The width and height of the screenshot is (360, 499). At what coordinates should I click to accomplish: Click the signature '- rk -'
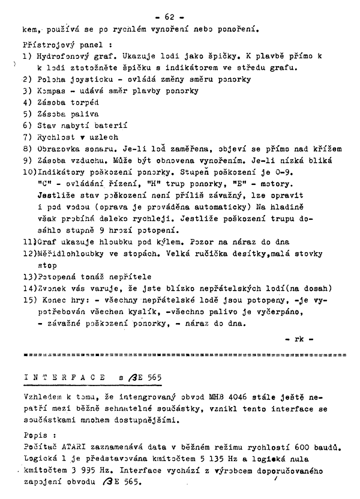(x=298, y=339)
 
